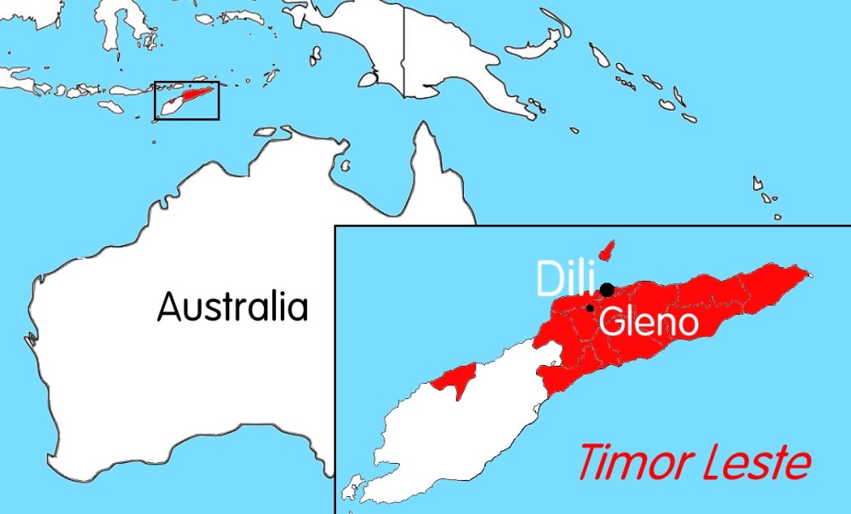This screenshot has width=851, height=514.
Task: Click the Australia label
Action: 231,306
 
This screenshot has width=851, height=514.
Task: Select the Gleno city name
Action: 648,323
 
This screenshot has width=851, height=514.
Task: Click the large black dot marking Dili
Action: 607,289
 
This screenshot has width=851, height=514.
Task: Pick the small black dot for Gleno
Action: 590,307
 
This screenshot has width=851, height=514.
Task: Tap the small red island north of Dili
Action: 606,251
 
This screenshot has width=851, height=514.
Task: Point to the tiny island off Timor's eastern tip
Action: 810,275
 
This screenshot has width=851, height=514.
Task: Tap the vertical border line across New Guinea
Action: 403,51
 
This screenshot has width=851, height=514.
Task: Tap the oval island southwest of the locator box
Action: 111,107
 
